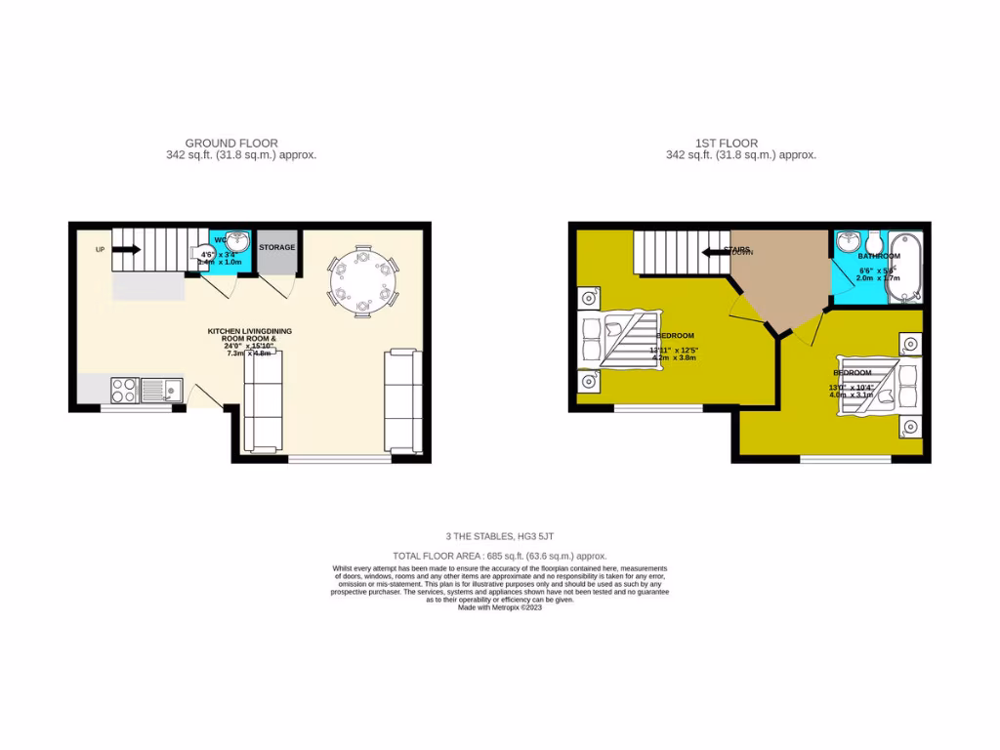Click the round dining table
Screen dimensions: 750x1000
tap(363, 281)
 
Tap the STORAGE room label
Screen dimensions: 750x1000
tap(276, 247)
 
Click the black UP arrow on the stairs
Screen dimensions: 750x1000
tap(128, 249)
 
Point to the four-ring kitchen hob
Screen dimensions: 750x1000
tap(124, 391)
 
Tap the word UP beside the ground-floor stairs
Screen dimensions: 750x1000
tap(100, 250)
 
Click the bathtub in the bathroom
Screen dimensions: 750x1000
tap(902, 264)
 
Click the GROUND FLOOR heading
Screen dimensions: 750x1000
tap(231, 144)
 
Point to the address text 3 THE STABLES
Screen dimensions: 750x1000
tap(500, 536)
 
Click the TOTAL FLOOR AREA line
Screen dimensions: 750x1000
tap(500, 554)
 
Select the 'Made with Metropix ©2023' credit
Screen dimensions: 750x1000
tap(499, 606)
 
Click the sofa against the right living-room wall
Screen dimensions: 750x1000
tap(403, 400)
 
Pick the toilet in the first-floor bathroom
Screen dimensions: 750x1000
tap(872, 241)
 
